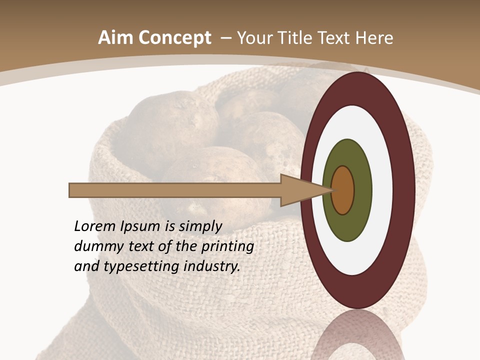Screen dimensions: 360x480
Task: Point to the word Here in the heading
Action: tap(375, 38)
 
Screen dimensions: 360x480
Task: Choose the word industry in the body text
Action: tap(212, 267)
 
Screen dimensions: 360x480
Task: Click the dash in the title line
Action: tap(225, 38)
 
